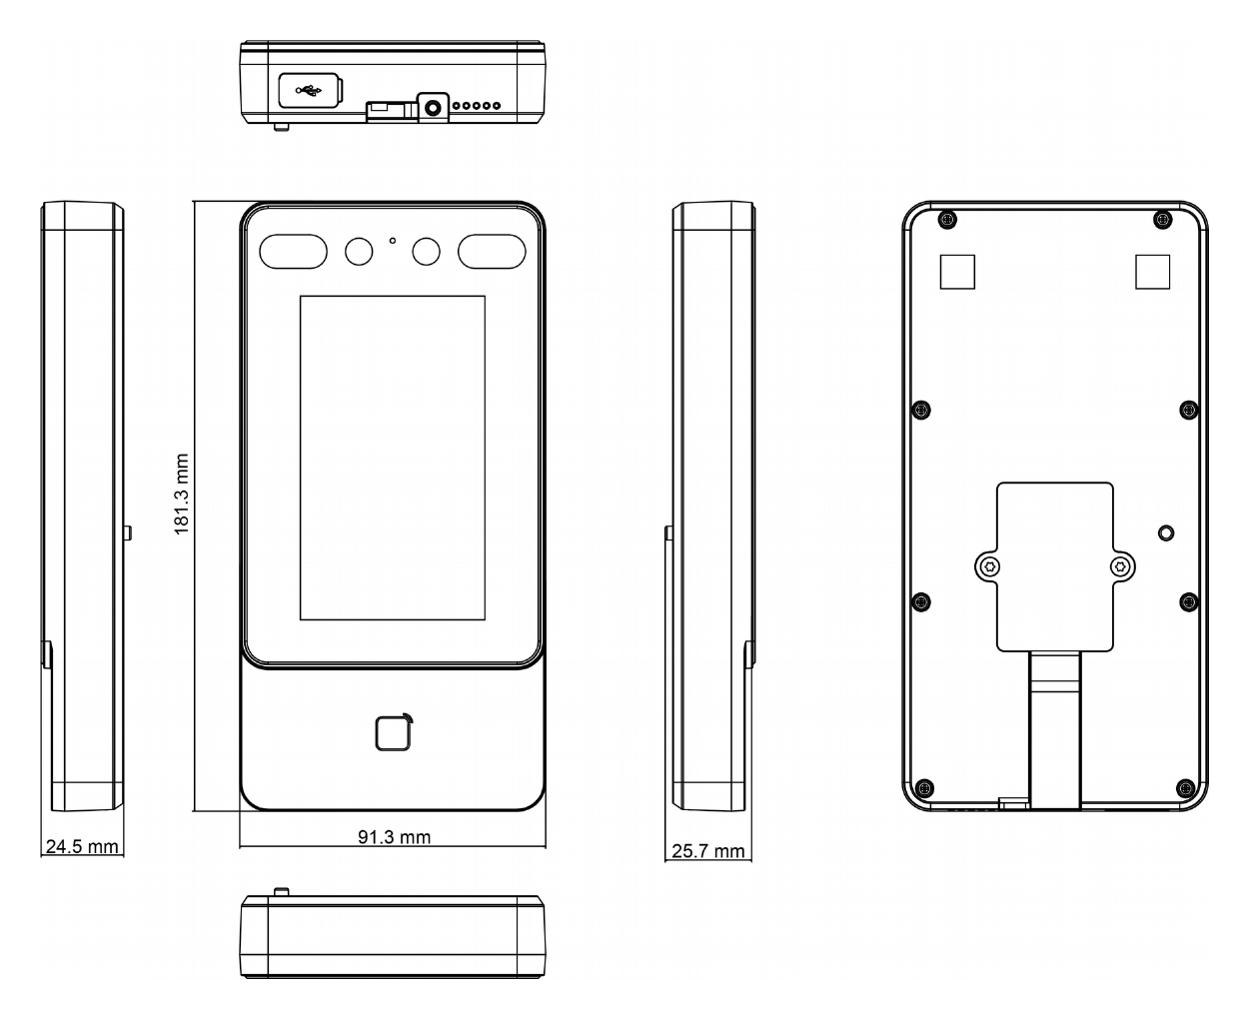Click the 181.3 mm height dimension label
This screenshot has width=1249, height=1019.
tap(181, 495)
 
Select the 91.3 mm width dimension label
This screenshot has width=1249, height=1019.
tap(394, 836)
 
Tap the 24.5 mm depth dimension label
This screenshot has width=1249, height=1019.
tap(82, 847)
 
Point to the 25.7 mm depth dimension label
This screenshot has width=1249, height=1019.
tap(707, 851)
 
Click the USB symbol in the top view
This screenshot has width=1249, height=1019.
tap(308, 91)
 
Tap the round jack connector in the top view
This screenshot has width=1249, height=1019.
tap(433, 108)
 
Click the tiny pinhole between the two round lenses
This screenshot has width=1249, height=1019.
tap(392, 241)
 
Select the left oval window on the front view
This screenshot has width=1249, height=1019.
tap(293, 251)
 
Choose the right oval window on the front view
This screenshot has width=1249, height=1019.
tap(492, 251)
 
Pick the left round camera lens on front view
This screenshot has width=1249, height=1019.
tap(359, 252)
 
